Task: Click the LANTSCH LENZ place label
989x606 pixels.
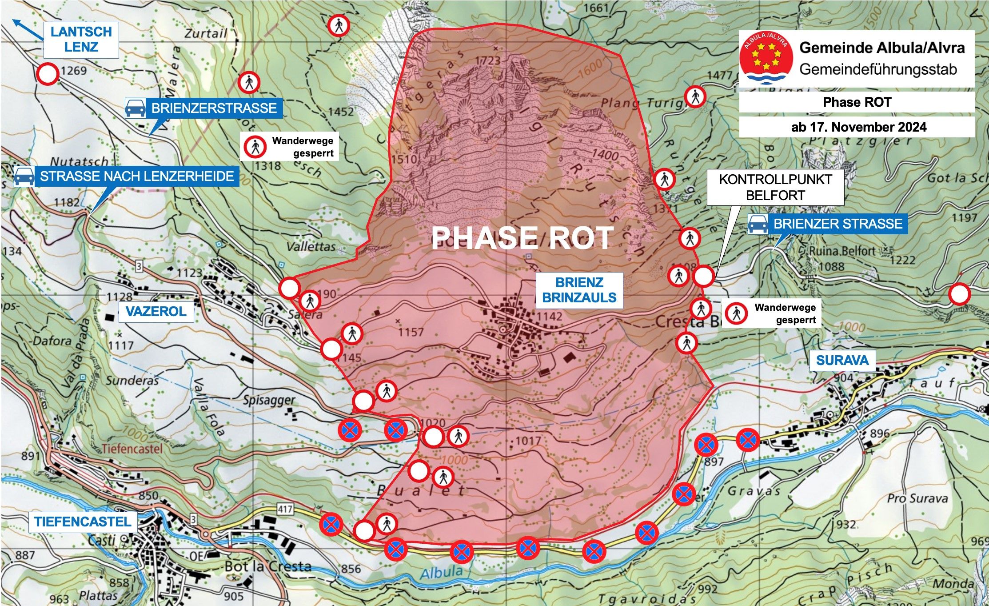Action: (81, 40)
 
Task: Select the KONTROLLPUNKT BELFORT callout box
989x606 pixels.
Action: (775, 187)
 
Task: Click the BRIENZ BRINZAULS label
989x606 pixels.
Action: (579, 290)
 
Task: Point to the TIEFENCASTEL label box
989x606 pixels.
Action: (83, 522)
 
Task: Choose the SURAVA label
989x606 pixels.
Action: (842, 360)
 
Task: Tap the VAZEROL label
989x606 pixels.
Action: (156, 311)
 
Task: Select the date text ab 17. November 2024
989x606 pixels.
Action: (858, 127)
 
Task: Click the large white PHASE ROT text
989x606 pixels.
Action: (522, 238)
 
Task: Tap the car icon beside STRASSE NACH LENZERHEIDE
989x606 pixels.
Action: (24, 177)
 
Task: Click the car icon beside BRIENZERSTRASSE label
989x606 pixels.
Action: (136, 108)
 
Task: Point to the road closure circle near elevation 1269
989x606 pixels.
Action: (48, 74)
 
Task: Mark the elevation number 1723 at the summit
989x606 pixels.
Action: (488, 60)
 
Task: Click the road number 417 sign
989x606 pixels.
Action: (285, 509)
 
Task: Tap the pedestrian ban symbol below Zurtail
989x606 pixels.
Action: (339, 25)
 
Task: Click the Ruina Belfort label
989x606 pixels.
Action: (842, 251)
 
